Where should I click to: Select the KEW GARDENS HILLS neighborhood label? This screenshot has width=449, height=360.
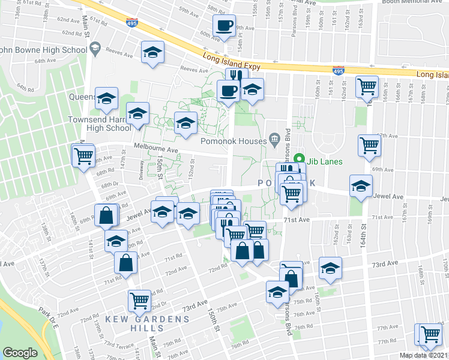(x=134, y=323)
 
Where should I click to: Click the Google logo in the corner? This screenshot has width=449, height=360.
(x=20, y=353)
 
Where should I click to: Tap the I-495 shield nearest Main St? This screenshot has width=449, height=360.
(x=131, y=23)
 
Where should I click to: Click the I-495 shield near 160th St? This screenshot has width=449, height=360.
(x=337, y=71)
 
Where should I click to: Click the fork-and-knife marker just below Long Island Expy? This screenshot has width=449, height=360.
(x=235, y=76)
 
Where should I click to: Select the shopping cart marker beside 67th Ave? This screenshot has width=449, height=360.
(x=369, y=145)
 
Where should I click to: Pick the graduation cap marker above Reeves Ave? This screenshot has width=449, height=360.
(x=152, y=52)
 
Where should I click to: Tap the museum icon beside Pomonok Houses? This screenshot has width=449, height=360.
(x=274, y=140)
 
